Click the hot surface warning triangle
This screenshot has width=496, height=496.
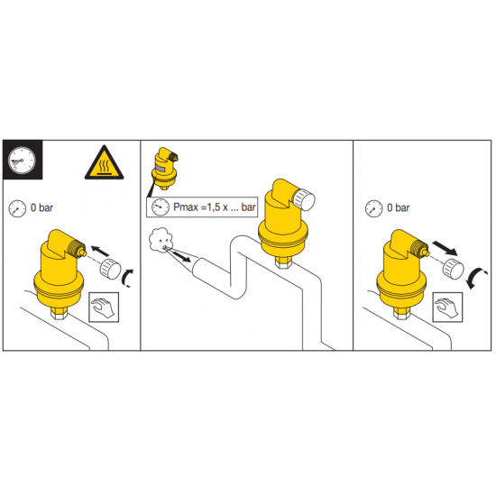104,163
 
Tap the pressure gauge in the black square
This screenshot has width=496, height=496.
22,160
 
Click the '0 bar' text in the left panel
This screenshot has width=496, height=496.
41,207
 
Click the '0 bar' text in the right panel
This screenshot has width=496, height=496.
399,207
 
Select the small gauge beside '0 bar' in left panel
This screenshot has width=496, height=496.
17,208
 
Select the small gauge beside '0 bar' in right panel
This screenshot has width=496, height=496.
374,208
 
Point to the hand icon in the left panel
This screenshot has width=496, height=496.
104,308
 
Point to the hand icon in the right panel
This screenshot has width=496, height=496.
447,308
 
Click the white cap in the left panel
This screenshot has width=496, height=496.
110,269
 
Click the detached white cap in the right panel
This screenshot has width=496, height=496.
454,269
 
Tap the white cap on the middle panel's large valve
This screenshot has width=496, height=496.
304,200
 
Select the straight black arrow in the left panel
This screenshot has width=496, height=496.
100,251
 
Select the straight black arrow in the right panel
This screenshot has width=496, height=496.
445,248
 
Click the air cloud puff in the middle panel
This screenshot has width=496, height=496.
161,240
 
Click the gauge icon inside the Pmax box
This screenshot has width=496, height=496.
161,207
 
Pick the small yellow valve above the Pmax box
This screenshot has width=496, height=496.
165,169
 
